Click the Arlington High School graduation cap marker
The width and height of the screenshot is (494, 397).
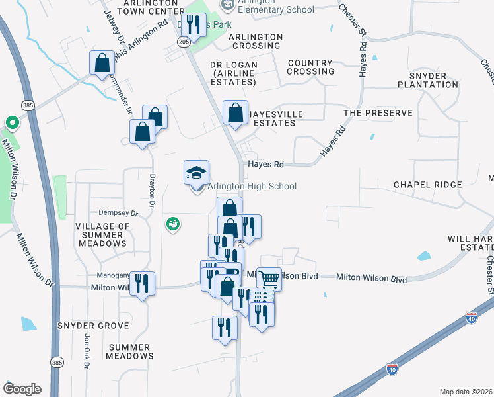click(196, 173)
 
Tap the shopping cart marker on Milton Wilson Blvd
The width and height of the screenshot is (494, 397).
click(269, 279)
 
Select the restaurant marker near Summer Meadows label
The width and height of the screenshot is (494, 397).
click(143, 284)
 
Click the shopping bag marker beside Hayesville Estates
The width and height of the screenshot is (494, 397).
click(235, 112)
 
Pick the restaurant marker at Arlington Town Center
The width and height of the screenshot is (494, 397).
click(193, 25)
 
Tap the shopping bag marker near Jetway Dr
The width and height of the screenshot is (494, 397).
click(103, 64)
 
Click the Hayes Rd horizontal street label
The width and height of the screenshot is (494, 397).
click(265, 164)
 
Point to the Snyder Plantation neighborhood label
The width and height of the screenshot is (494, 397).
click(428, 80)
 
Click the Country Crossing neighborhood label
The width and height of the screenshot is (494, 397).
click(310, 67)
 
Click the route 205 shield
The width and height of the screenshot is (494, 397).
click(183, 42)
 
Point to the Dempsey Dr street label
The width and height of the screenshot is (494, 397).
click(118, 213)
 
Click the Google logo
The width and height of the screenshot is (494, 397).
click(22, 389)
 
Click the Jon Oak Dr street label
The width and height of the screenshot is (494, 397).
click(86, 351)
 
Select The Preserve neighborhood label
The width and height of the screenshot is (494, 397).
click(378, 113)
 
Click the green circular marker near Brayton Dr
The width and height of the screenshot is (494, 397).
click(174, 225)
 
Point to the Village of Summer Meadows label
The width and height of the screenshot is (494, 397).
click(102, 235)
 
